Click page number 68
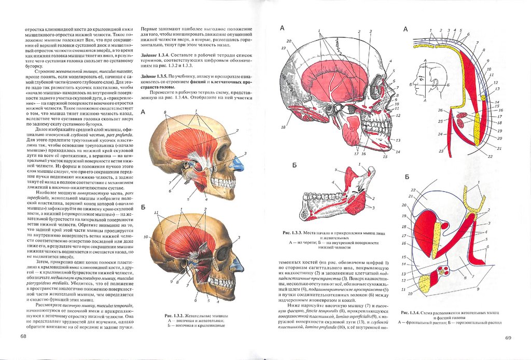pos(23,336)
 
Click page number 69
pos(508,338)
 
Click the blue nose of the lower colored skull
pos(238,265)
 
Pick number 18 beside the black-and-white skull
pos(284,127)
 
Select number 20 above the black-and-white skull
pos(289,41)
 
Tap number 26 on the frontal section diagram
pos(440,110)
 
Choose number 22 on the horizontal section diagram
pos(413,190)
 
